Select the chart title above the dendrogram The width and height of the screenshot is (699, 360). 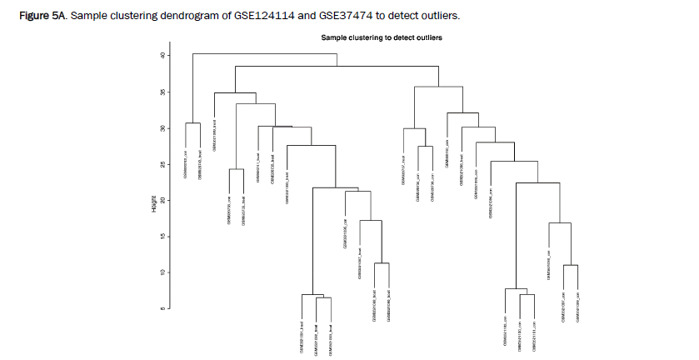(x=382, y=38)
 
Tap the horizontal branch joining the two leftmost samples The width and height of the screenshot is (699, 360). (x=192, y=123)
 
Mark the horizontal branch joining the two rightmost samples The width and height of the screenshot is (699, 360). (x=571, y=265)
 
